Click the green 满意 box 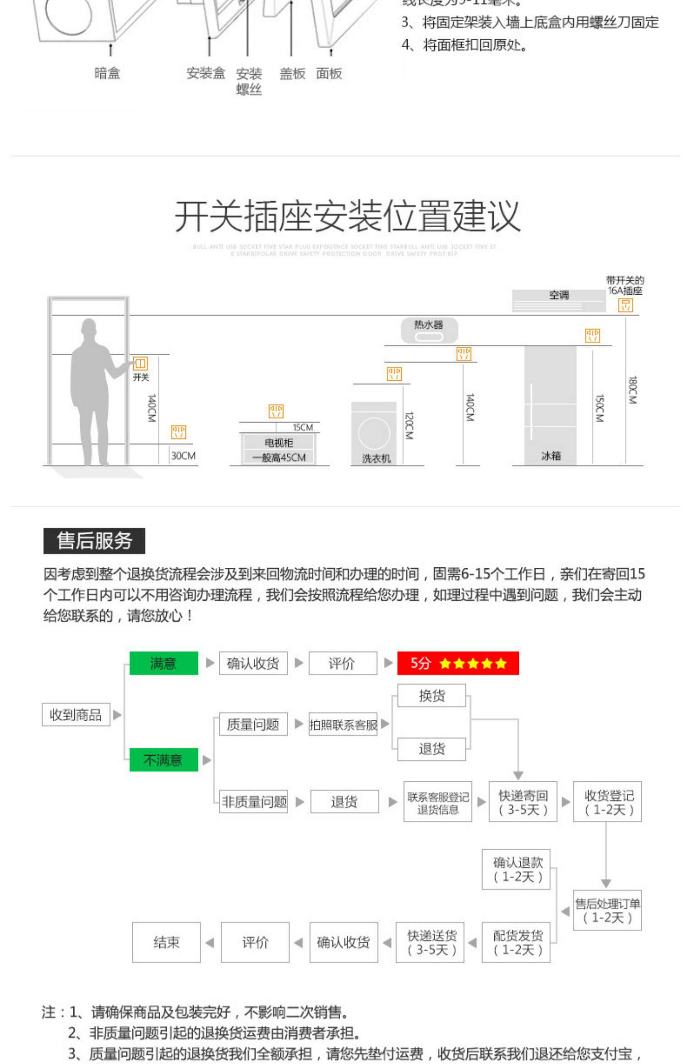tap(164, 663)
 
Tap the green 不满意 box tap(164, 759)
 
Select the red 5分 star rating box tap(458, 663)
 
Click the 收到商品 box tap(76, 714)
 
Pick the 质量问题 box tap(253, 724)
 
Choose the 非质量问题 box tap(254, 801)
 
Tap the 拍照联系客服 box tap(343, 724)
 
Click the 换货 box tap(431, 696)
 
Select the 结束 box tap(166, 942)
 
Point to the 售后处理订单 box tap(607, 910)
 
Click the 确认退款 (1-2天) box tap(516, 869)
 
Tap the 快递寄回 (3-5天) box tap(523, 802)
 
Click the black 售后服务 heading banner tap(94, 541)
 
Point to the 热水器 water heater tap(429, 330)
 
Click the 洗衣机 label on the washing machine tap(376, 458)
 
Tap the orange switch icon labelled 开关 tap(140, 364)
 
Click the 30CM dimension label tap(183, 455)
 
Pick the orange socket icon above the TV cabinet tap(276, 411)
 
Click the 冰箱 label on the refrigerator tap(551, 455)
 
